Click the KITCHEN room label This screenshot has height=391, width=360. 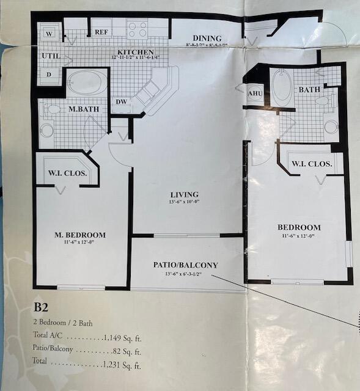[x=135, y=53]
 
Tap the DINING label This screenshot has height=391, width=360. [x=207, y=38]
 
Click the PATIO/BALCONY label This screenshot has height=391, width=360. [x=185, y=265]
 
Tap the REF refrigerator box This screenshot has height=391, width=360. [x=101, y=31]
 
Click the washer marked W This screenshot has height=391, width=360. [x=49, y=34]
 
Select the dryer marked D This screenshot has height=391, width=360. [x=49, y=74]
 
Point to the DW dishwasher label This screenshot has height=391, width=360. [x=122, y=103]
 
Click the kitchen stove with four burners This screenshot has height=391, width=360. [x=138, y=29]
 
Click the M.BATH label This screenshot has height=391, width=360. [x=80, y=109]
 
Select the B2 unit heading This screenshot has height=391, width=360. [x=40, y=307]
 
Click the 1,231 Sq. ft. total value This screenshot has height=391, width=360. [x=121, y=365]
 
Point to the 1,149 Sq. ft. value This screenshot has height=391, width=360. [x=123, y=336]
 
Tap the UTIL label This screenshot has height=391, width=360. [x=50, y=56]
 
